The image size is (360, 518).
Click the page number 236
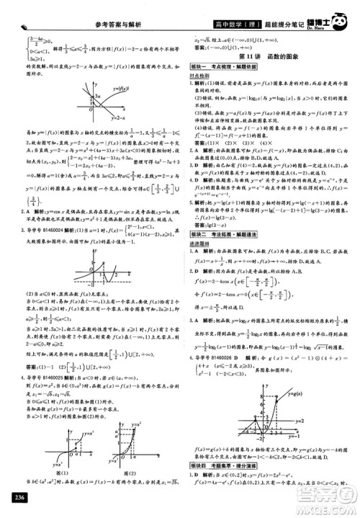(x=14, y=502)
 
